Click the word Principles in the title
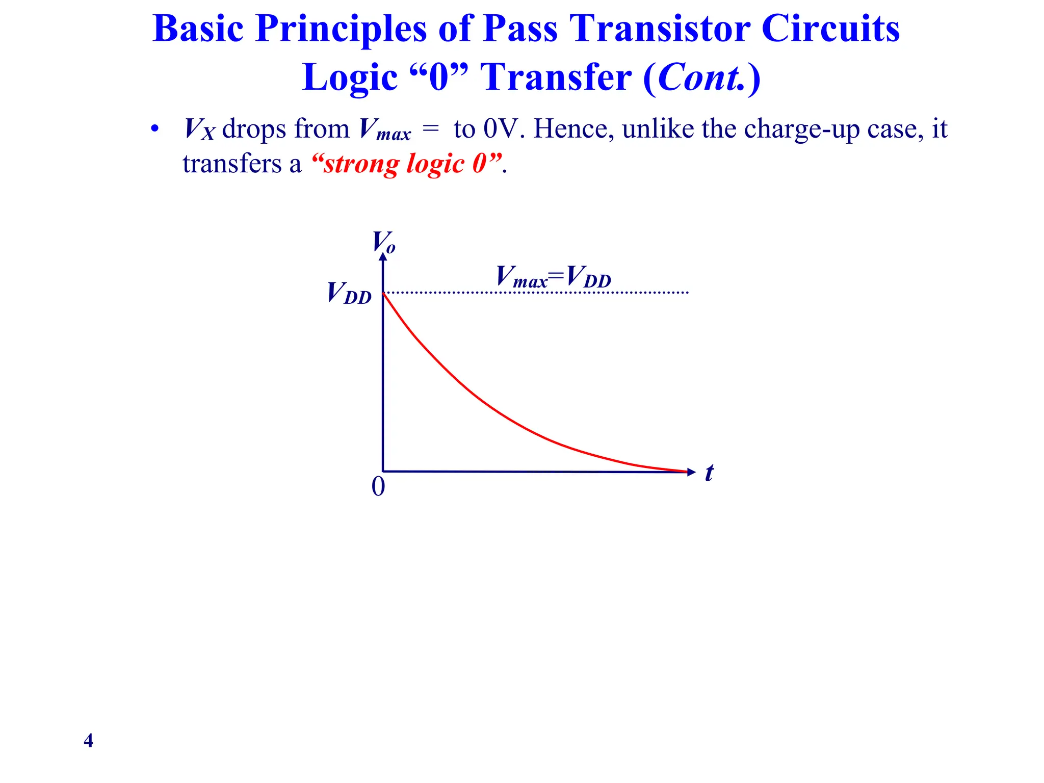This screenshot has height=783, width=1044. click(341, 30)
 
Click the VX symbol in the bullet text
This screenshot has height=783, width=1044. click(199, 129)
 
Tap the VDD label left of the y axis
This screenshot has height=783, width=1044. click(349, 294)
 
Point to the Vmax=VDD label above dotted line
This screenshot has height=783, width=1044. click(553, 277)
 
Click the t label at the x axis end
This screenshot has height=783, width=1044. click(709, 473)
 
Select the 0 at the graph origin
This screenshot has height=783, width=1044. click(378, 486)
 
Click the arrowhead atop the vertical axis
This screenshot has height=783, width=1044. click(383, 256)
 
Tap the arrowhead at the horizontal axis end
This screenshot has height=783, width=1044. click(691, 472)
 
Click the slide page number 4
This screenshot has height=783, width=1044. click(88, 740)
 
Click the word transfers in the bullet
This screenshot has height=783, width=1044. click(232, 164)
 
